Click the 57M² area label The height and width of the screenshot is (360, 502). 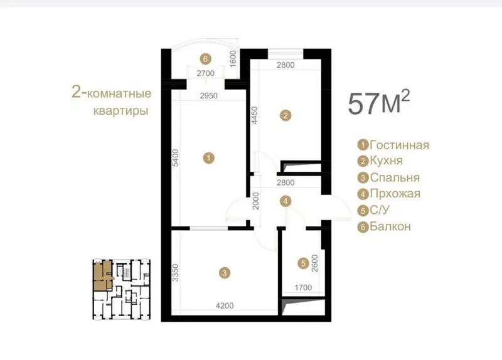point(379,102)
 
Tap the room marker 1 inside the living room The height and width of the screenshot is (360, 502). point(209,158)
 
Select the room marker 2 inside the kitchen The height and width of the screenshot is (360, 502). point(286,115)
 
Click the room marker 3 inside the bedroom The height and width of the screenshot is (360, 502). point(225,273)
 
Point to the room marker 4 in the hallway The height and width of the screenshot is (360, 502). point(286,201)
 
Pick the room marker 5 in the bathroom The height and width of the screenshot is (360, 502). point(303,263)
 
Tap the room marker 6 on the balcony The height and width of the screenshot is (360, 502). point(205,59)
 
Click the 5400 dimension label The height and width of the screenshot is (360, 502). point(176,158)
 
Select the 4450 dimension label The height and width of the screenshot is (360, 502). point(254,115)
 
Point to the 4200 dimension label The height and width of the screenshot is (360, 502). point(225,306)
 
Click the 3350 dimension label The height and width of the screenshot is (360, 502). point(176,273)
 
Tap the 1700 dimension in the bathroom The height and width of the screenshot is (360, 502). point(303,288)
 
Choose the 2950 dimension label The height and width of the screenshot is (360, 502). point(208,96)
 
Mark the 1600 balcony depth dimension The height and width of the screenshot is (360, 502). point(233,59)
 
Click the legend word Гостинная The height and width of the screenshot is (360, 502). point(399,145)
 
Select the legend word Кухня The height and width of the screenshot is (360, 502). point(386,161)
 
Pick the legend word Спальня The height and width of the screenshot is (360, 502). point(395,177)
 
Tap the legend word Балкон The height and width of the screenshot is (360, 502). point(390,226)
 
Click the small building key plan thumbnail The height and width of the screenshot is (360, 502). point(121,290)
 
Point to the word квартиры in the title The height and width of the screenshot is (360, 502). point(120,111)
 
